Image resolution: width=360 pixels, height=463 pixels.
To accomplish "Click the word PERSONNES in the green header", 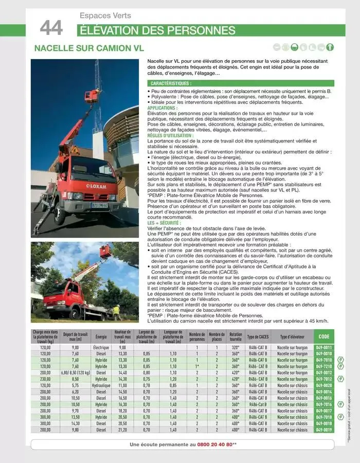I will coord(205,30).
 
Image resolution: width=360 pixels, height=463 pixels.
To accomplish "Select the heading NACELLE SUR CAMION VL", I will coord(88,48).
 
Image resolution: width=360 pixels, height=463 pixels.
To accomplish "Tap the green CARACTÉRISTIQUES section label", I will coord(171,83).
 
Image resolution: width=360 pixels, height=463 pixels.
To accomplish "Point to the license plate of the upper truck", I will coord(99,205).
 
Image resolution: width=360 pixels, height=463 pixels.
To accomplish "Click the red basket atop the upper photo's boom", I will coord(92,96).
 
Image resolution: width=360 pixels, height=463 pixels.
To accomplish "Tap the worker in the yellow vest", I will coord(116,311).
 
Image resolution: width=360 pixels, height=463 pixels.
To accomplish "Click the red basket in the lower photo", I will coord(105,251).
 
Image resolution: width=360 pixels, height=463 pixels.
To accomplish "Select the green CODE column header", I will coord(324,337).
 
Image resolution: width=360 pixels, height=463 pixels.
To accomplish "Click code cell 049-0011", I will coord(324,348).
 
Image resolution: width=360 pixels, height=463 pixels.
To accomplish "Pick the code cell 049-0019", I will coord(324,430).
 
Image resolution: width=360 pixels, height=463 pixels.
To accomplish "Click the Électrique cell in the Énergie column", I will coord(101,348).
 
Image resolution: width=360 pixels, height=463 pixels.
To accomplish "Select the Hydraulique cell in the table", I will coord(101,385).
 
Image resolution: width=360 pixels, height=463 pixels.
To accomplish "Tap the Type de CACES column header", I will coord(258,337).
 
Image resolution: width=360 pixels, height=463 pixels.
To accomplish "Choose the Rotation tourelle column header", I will coord(236,337).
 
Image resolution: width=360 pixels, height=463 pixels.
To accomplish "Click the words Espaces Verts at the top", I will coord(105,16).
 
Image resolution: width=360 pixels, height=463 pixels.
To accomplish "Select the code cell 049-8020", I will coord(324,385).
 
